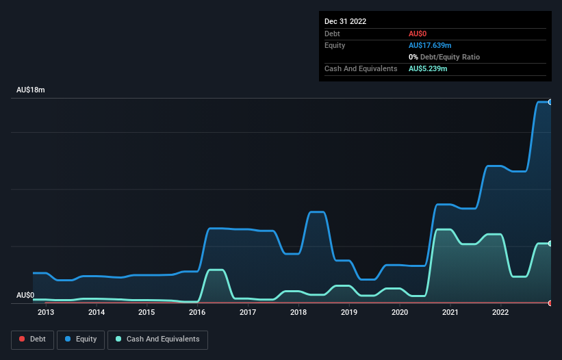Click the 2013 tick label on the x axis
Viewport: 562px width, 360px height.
[x=46, y=313]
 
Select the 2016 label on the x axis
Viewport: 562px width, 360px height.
[x=197, y=313]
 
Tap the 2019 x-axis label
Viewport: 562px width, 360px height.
[x=349, y=313]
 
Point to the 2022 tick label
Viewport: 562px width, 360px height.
[x=500, y=313]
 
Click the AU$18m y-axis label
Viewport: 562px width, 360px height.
[x=30, y=90]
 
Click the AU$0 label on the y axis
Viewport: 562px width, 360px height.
[x=25, y=295]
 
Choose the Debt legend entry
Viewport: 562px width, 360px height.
[x=31, y=339]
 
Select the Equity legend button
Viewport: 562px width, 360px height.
[x=81, y=339]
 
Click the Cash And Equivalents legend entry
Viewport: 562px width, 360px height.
[x=157, y=339]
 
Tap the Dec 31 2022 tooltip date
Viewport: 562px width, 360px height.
[x=346, y=21]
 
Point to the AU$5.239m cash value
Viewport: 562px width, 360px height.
[x=428, y=69]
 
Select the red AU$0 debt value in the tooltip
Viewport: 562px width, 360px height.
[x=419, y=34]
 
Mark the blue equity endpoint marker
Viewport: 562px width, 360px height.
[x=550, y=102]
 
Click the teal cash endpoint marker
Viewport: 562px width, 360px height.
[x=550, y=244]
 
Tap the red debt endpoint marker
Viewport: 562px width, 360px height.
[x=550, y=303]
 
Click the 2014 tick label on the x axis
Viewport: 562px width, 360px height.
[x=97, y=313]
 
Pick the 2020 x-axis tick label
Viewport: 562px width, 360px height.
[x=400, y=313]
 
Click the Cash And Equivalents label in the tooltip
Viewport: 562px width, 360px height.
[x=361, y=69]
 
